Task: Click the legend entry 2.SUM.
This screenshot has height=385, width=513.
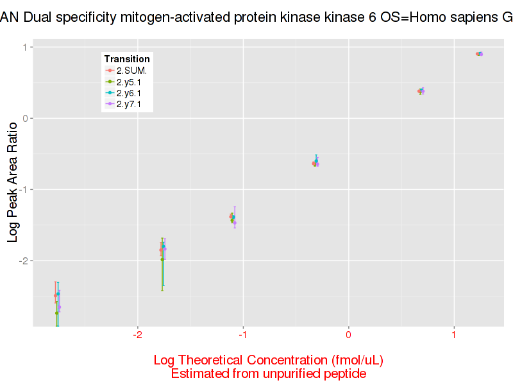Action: pos(132,70)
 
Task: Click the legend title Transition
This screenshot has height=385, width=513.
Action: pos(127,59)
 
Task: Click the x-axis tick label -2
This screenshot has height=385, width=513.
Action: pos(137,335)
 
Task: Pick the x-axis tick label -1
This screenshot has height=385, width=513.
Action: pos(242,335)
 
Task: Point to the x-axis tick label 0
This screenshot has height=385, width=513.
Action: pos(348,335)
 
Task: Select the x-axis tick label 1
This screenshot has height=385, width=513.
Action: pos(453,335)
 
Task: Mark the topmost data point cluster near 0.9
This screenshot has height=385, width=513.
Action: pos(479,54)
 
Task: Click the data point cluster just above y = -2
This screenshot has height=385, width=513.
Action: pos(163,249)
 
